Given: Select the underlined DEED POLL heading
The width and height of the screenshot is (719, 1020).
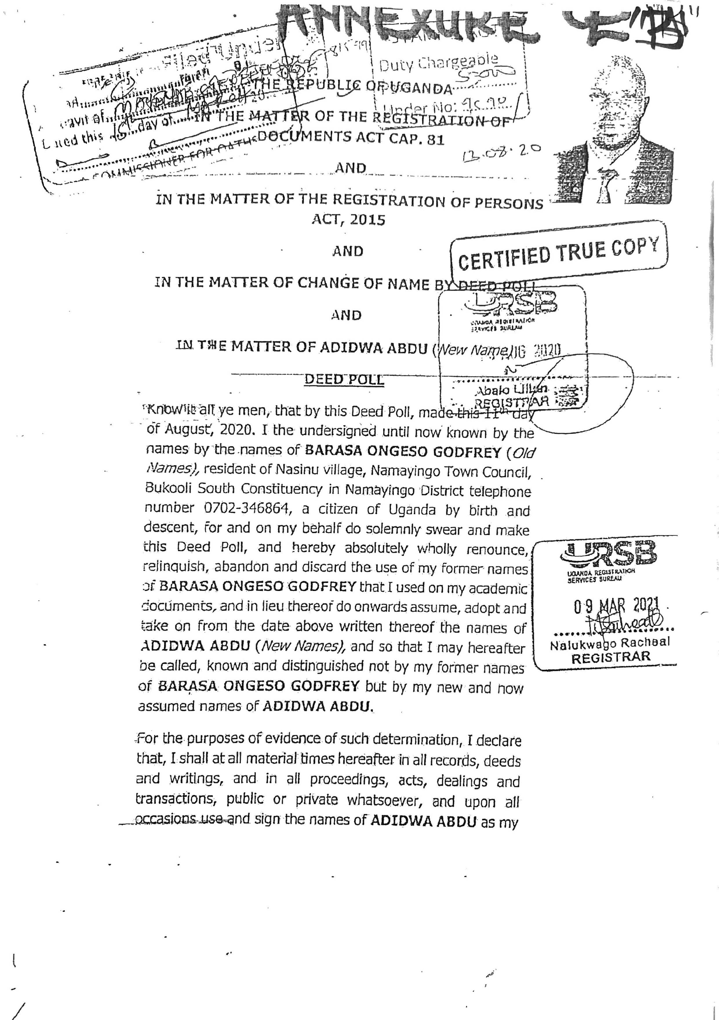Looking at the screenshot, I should tap(344, 379).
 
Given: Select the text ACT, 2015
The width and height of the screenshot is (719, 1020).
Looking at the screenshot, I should tap(348, 220).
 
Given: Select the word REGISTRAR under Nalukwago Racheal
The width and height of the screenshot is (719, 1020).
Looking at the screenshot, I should tap(611, 657).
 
